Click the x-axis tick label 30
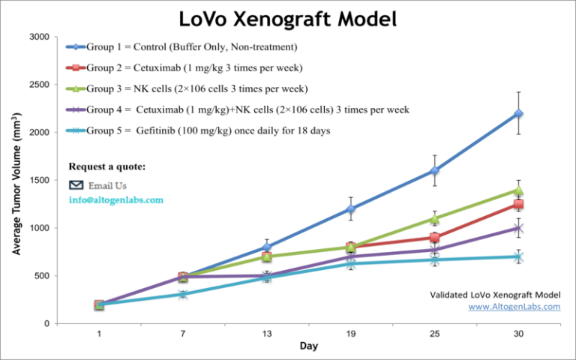click(x=518, y=332)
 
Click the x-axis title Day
click(x=308, y=346)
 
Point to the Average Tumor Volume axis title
click(x=16, y=180)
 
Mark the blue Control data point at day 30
click(x=518, y=113)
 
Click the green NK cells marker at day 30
click(x=518, y=190)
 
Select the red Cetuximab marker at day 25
click(x=434, y=238)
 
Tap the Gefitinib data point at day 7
click(x=183, y=294)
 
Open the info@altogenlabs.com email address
click(x=115, y=200)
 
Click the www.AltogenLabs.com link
click(x=514, y=307)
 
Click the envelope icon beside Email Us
click(x=76, y=185)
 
